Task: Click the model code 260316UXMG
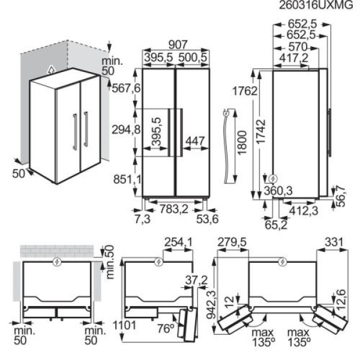(316, 5)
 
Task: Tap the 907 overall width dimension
(178, 45)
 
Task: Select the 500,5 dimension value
(193, 58)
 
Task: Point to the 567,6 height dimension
(126, 88)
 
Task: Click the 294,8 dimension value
(126, 130)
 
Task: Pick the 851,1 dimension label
(128, 179)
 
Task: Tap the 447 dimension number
(195, 141)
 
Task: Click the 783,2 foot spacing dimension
(174, 209)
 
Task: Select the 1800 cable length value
(242, 142)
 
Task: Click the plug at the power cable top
(226, 113)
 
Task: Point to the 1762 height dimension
(245, 91)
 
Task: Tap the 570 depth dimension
(298, 47)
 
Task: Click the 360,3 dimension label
(278, 191)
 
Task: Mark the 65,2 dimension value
(276, 225)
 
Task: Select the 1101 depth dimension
(125, 325)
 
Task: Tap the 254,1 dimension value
(178, 242)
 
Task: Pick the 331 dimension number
(334, 242)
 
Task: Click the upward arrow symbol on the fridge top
(52, 69)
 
